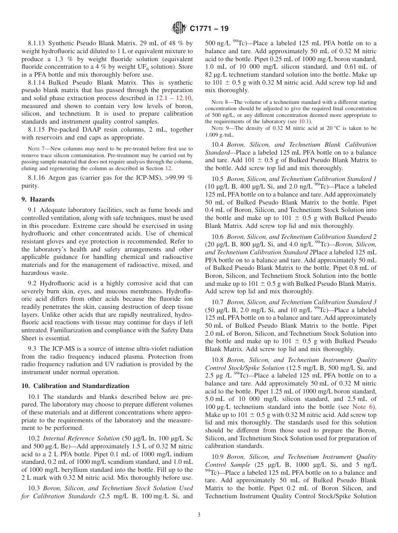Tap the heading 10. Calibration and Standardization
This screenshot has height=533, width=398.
pyautogui.click(x=75, y=386)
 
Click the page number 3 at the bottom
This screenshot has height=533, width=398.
pyautogui.click(x=199, y=515)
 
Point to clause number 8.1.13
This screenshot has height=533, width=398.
pyautogui.click(x=37, y=43)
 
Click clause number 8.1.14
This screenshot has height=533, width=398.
pyautogui.click(x=37, y=83)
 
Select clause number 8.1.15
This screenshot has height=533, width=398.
pyautogui.click(x=37, y=130)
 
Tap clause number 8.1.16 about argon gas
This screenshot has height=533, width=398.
pyautogui.click(x=37, y=178)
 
